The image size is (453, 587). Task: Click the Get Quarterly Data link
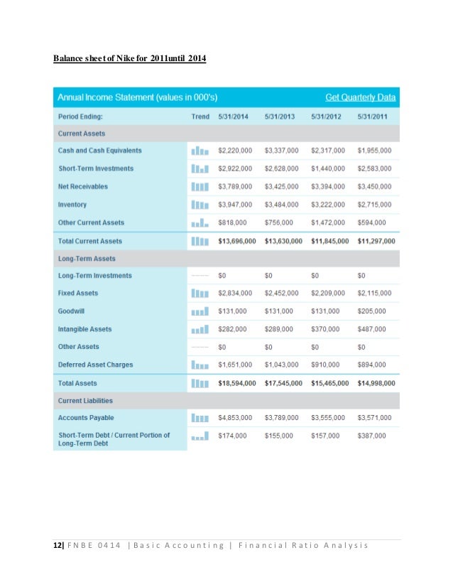360,97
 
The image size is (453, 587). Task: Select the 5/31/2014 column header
233,116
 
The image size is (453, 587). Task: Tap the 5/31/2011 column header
373,116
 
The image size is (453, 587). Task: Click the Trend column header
200,116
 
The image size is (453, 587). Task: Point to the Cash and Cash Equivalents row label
99,151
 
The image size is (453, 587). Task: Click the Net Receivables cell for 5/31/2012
328,186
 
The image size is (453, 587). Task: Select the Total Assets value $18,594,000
236,383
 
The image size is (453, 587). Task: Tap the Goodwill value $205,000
372,311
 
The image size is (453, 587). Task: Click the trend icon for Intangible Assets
200,329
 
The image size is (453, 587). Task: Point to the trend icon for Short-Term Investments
200,168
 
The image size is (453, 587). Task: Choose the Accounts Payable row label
86,418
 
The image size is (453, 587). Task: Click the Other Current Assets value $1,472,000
328,222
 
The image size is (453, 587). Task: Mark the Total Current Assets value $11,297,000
376,241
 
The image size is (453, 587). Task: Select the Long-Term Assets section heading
87,259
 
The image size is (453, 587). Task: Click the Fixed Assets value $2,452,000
281,293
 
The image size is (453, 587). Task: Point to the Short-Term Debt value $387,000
372,435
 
